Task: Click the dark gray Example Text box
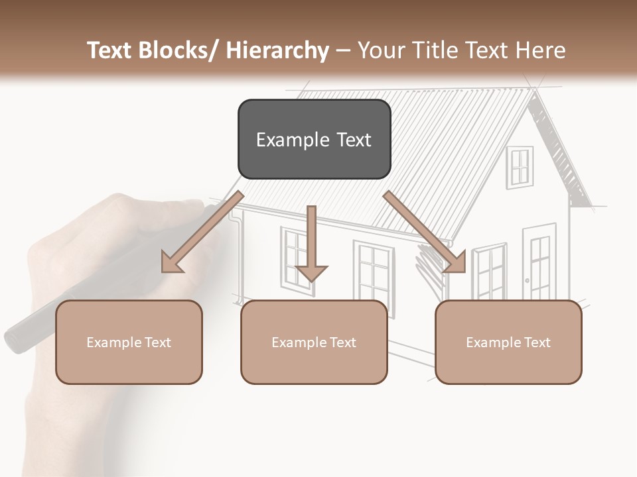pos(314,139)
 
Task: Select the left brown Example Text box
pos(129,342)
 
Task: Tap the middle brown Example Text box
pos(314,342)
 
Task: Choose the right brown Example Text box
pos(508,342)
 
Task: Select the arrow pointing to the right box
pos(425,232)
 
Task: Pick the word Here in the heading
pos(542,50)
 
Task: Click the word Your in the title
pos(380,50)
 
